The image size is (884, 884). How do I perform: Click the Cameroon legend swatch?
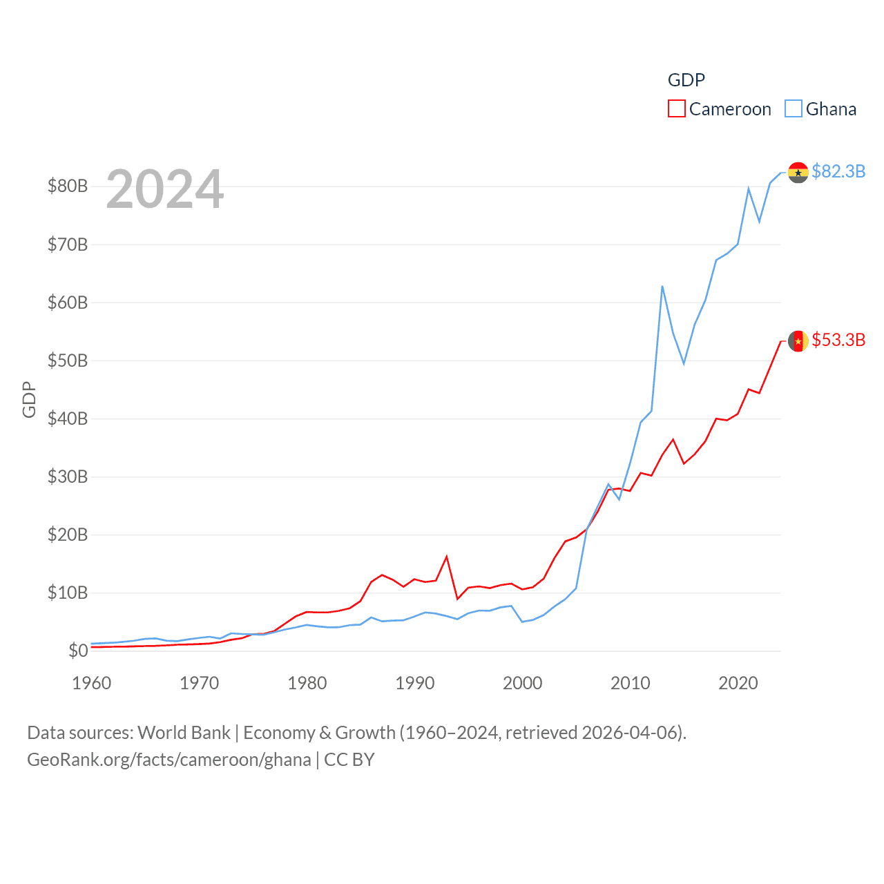[x=677, y=109]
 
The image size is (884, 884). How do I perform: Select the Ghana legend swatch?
[x=794, y=109]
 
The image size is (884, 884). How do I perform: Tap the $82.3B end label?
[x=838, y=171]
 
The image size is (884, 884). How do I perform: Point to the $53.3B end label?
[x=838, y=340]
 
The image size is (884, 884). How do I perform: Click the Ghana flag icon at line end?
[x=798, y=173]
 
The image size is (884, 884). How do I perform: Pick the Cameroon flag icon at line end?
[x=798, y=341]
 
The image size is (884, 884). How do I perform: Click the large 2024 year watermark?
[x=165, y=189]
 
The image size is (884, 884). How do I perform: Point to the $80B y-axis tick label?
[x=68, y=186]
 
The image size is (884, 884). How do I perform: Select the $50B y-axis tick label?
[x=68, y=361]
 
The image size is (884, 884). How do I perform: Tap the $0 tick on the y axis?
[x=78, y=651]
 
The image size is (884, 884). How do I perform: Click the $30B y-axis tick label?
[x=68, y=477]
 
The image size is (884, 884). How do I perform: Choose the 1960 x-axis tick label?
[x=92, y=683]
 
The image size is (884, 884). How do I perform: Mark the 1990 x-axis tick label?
[x=415, y=683]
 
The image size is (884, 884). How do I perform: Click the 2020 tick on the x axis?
[x=738, y=683]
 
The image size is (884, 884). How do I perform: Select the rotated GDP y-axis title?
[x=29, y=399]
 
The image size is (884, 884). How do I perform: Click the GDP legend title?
[x=686, y=80]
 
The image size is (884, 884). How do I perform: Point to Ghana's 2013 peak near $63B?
[x=662, y=286]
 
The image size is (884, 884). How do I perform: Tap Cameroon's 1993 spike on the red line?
[x=447, y=556]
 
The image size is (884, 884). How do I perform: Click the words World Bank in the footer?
[x=184, y=732]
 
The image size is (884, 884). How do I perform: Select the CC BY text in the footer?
[x=349, y=760]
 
